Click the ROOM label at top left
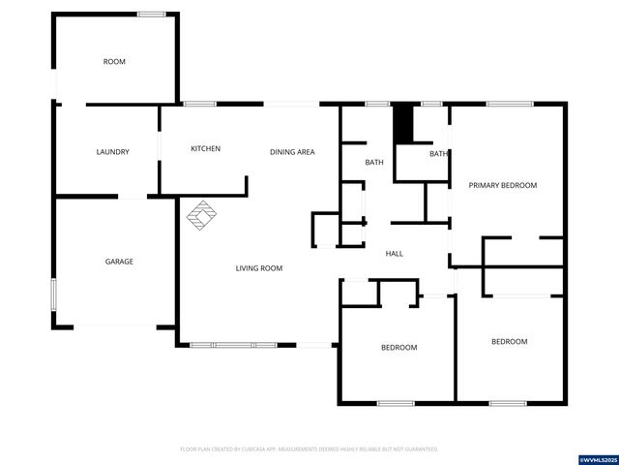[x=114, y=62]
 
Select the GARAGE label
[x=119, y=262]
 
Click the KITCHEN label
[x=205, y=148]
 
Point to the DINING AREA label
[x=292, y=152]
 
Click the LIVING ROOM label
[x=258, y=268]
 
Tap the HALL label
[x=395, y=254]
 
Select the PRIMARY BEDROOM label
[x=503, y=185]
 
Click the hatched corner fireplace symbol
[x=202, y=216]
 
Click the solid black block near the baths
[x=403, y=124]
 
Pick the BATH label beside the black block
[x=438, y=153]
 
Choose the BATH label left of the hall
[x=374, y=163]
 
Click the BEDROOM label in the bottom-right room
[x=509, y=341]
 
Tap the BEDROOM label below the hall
[x=398, y=347]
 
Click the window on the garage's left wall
[x=53, y=293]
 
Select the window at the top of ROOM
[x=150, y=14]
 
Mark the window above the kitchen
[x=199, y=104]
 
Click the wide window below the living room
[x=233, y=344]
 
